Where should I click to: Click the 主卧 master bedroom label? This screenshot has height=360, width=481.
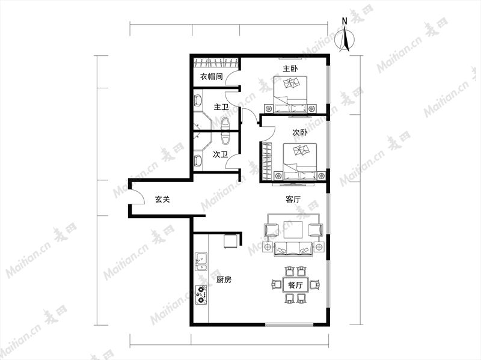(290, 69)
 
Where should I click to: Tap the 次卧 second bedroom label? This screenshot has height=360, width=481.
(299, 133)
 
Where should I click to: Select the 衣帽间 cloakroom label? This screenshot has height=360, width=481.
(212, 76)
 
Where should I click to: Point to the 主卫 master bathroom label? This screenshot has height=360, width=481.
(221, 108)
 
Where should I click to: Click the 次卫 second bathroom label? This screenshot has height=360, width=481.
(220, 154)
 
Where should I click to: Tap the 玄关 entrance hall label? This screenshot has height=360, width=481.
(162, 200)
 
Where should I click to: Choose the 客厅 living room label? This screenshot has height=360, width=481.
(293, 200)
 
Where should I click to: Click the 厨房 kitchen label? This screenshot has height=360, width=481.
(224, 279)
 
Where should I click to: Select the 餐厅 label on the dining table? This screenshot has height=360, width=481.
(295, 285)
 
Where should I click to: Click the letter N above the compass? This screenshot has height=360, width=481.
(345, 21)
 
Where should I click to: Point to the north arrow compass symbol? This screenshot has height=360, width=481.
(345, 39)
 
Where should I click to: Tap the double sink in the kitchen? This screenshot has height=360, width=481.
(201, 262)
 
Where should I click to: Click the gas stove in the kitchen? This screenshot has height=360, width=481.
(201, 294)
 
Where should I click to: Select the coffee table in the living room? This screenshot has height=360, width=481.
(293, 230)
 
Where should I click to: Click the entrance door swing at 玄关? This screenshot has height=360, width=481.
(138, 197)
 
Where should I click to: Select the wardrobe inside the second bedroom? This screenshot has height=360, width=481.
(268, 162)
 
